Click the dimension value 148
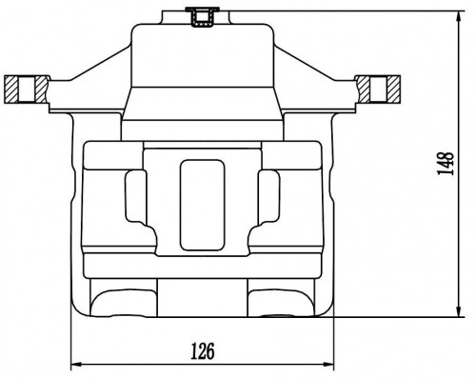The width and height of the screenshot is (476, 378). point(446,163)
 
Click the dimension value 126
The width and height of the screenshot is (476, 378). point(203,350)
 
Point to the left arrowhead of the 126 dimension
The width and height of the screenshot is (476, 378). point(76,364)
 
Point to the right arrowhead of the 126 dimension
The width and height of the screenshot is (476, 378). point(328,364)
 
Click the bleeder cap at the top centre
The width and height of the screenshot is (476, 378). point(202,17)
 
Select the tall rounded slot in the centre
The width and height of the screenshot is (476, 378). point(202,205)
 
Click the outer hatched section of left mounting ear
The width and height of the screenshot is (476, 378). point(11,90)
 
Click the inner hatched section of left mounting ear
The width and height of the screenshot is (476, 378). point(42,90)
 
